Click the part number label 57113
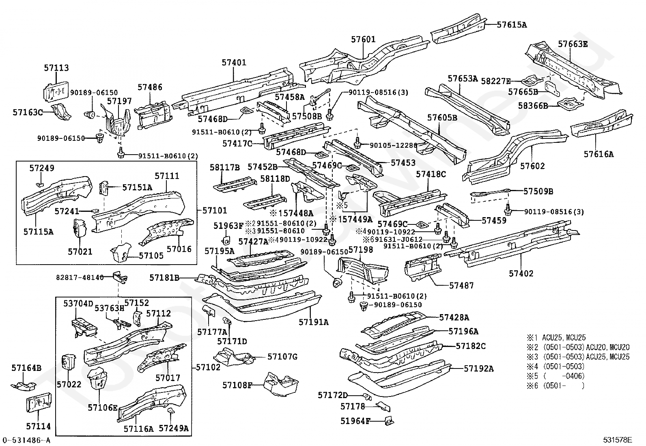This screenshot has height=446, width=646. [56, 68]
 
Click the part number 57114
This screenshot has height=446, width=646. [39, 427]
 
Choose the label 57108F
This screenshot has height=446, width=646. [237, 384]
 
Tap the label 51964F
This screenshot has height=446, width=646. [355, 421]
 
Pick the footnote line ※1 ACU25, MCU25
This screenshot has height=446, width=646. [556, 337]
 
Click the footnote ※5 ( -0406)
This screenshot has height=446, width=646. [556, 376]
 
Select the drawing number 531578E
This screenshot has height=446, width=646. [617, 440]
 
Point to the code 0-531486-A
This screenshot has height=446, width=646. [27, 440]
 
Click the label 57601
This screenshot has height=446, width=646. [363, 40]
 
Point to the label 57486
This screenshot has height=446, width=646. [150, 87]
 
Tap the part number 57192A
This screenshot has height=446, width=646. [479, 368]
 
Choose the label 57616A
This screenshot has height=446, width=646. [599, 154]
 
